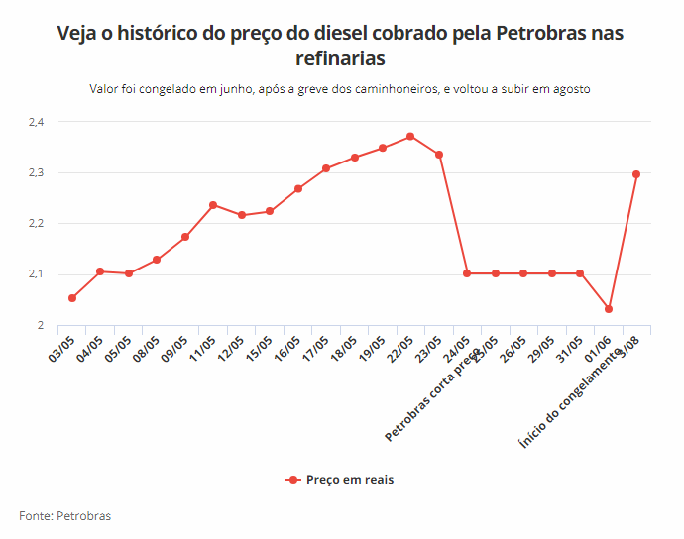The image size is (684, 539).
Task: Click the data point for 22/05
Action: coord(410,137)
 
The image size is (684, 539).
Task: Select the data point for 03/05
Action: coord(72,298)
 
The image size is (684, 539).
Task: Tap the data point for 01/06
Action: coord(609,309)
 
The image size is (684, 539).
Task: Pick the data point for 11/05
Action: coord(213,205)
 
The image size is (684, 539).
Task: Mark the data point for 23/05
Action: coord(439,155)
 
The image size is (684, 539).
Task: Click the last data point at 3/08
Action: coord(636,174)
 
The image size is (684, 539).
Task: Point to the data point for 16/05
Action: coord(298,188)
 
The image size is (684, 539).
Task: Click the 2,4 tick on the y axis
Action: coord(37,122)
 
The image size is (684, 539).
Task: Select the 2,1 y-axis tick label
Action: coord(37,274)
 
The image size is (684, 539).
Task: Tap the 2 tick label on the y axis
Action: coord(41,325)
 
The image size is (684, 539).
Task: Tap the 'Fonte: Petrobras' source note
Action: coord(65,516)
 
